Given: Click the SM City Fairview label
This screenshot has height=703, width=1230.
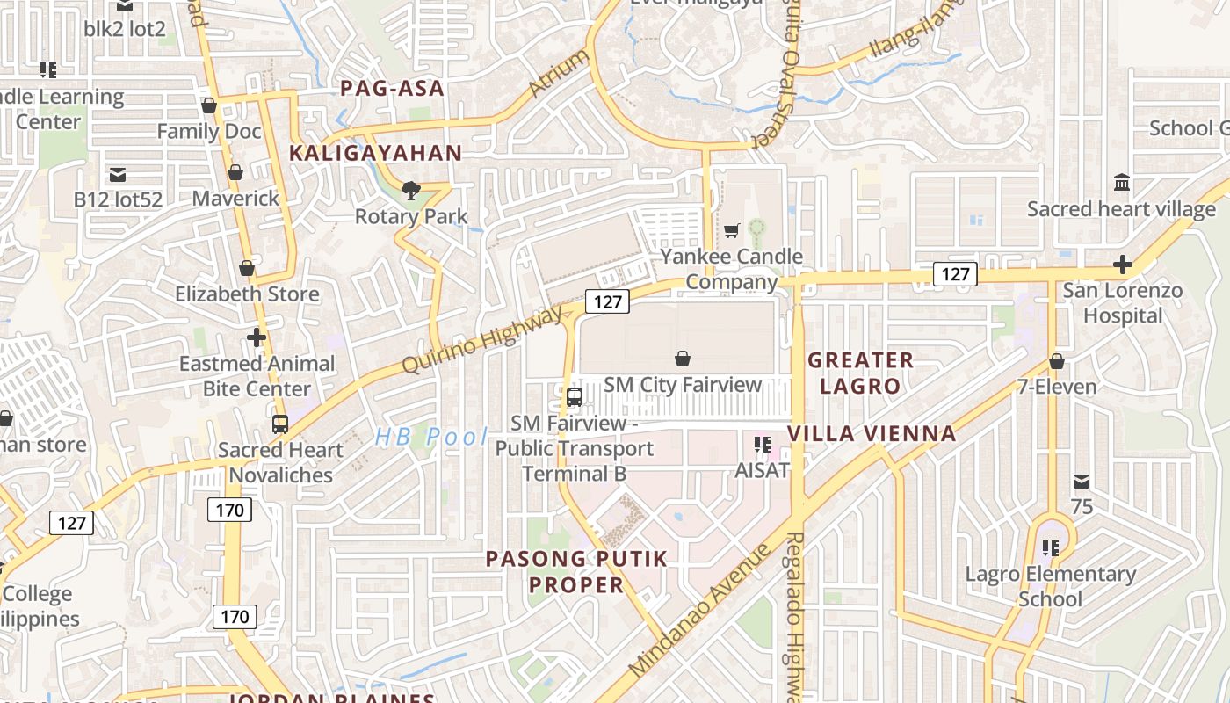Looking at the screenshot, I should (x=683, y=385).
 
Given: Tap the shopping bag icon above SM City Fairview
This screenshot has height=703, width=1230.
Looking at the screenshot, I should (x=683, y=359).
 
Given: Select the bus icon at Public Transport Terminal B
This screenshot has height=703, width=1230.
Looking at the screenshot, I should (x=575, y=396).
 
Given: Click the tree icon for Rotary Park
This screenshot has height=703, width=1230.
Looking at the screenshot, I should (x=410, y=189).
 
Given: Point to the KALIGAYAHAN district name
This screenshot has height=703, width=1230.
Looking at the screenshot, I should (x=375, y=153).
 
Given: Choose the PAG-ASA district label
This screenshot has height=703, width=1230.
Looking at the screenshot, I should (x=392, y=88).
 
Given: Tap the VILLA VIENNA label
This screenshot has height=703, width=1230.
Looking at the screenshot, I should (x=872, y=433).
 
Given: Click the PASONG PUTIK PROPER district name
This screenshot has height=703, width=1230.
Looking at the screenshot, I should (x=577, y=571).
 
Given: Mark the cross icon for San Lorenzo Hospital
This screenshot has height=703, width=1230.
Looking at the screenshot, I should (x=1122, y=264).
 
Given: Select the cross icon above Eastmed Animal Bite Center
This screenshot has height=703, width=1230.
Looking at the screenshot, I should (x=257, y=337).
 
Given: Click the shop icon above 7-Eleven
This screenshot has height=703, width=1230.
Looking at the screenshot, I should (x=1057, y=361).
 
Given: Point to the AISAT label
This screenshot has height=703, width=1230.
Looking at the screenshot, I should (x=762, y=470).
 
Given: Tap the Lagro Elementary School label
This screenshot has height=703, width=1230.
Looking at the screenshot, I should (x=1050, y=586).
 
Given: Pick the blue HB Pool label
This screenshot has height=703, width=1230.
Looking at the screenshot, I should (x=430, y=437).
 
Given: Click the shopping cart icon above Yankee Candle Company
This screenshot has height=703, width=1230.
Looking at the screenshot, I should (x=731, y=230).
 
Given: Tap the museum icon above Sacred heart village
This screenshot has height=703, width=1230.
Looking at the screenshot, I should (x=1122, y=183).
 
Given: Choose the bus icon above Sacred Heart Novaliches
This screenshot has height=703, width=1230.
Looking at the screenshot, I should (x=280, y=424).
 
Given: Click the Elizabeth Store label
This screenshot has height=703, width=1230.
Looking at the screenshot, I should (x=247, y=294).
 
